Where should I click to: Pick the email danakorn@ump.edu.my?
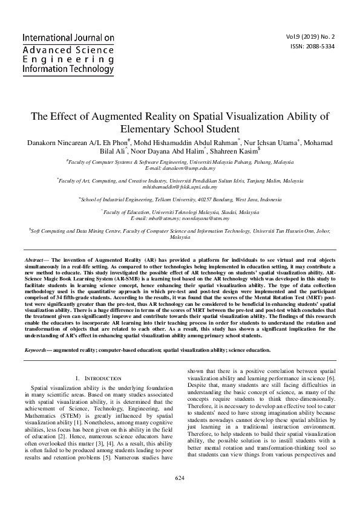(x=180, y=169)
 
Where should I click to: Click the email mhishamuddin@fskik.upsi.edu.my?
(x=180, y=187)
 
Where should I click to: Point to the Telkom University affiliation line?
(x=180, y=198)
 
